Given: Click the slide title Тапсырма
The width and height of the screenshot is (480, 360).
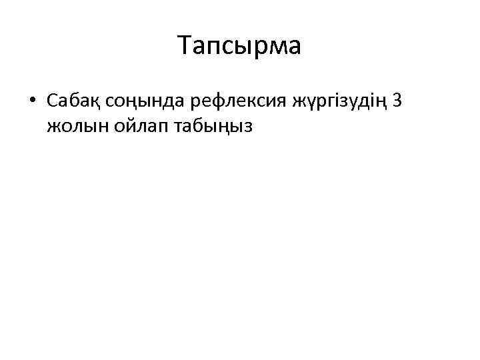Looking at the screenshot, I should [240, 46].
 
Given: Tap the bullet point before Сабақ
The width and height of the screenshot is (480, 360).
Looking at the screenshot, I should [32, 101].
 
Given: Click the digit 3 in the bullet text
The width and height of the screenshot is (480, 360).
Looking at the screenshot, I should [398, 101].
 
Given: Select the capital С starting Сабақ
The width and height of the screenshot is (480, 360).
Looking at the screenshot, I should [53, 101].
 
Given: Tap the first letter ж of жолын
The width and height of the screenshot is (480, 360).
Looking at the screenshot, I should [54, 125].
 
